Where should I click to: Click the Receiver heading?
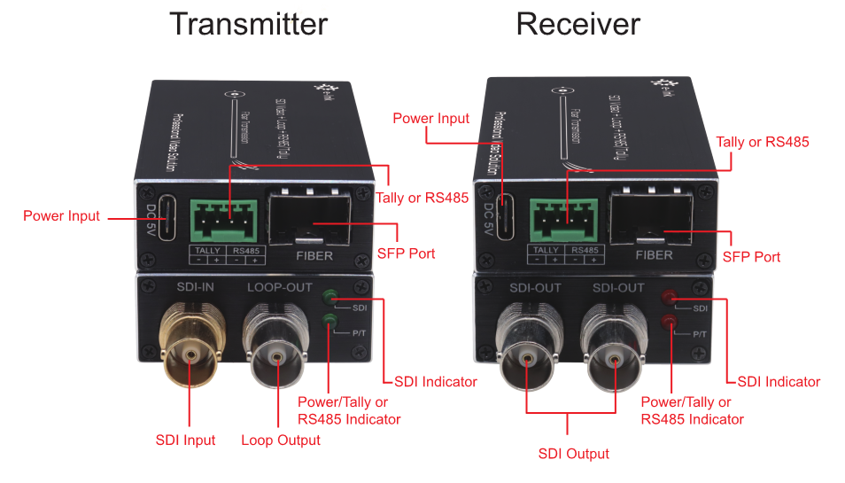[x=578, y=24]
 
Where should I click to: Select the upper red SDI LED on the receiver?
[x=670, y=298]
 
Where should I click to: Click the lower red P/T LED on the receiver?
[x=670, y=321]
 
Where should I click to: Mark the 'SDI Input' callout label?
[x=186, y=440]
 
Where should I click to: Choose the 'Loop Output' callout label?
[x=281, y=440]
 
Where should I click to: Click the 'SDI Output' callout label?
[x=574, y=454]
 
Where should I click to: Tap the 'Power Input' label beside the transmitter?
[x=61, y=215]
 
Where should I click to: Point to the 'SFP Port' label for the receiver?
[x=751, y=257]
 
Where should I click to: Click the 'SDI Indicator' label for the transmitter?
[x=436, y=382]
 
